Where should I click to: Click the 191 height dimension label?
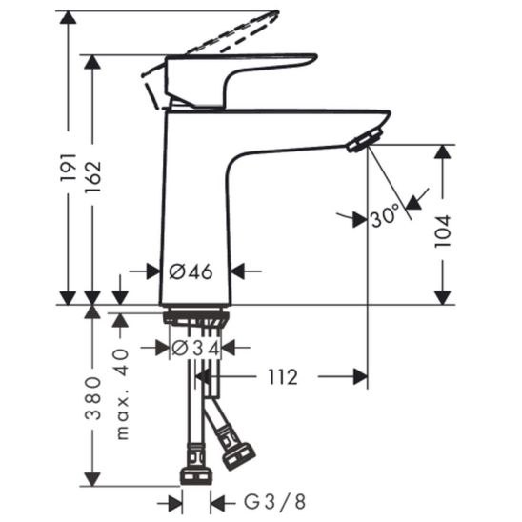pos(69,168)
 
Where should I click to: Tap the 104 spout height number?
pos(443,231)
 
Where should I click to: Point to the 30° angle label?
pos(385,215)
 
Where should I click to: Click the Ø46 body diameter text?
pos(191,271)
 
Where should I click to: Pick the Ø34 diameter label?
pos(195,349)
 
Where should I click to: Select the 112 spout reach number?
pos(283,377)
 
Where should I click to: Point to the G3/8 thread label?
pos(275,502)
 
